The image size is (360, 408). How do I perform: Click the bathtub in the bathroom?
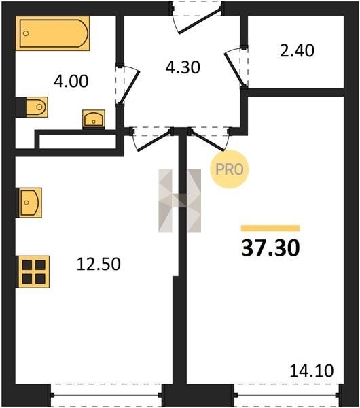[52, 33]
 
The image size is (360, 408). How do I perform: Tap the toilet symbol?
[32, 107]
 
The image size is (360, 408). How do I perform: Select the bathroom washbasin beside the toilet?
[94, 119]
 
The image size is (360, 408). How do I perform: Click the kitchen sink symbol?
[29, 203]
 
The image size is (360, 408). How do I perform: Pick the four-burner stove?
[33, 271]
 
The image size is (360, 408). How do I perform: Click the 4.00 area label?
[71, 81]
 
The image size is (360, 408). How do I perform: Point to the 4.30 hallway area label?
[183, 67]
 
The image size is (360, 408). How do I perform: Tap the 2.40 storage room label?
[297, 50]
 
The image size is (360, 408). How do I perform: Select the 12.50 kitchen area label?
[98, 264]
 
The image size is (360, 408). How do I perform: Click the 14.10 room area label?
[311, 371]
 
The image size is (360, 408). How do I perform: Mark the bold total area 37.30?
[270, 248]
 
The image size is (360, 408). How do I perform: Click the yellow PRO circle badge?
[230, 169]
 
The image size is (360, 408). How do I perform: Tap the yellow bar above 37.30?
[270, 228]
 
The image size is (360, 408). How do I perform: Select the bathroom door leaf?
[129, 87]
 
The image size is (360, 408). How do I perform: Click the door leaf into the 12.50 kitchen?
[154, 141]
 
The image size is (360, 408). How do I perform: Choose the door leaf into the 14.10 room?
[206, 141]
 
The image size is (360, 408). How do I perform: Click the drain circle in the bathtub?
[26, 33]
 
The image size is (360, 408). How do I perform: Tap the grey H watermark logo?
[179, 201]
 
